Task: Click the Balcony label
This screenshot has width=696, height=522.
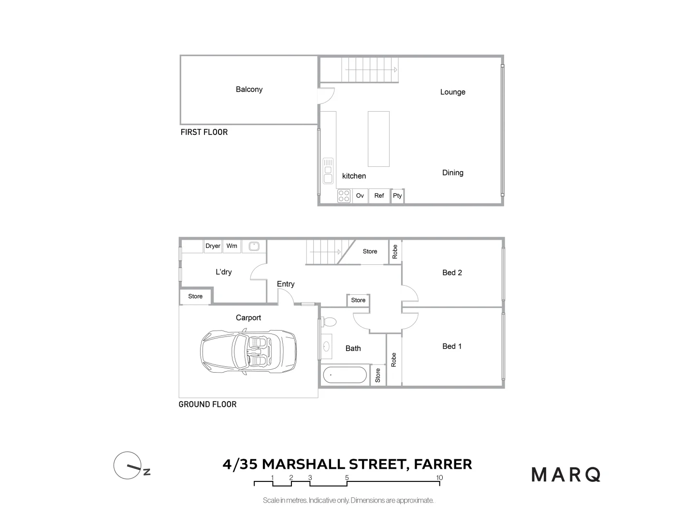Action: pos(249,89)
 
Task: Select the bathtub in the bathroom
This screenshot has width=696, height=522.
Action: pos(345,375)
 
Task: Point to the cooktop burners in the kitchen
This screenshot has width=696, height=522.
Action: pos(344,196)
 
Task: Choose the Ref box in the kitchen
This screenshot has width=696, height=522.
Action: pos(379,196)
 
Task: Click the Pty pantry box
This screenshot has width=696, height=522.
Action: pos(397,196)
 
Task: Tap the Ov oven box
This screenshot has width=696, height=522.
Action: pos(360,196)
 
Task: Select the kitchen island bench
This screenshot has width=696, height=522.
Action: pos(378,139)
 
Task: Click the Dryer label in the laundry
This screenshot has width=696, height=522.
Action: pos(213,246)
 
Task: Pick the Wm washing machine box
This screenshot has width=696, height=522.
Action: pos(232,246)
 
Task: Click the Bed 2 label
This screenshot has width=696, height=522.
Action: pos(452,273)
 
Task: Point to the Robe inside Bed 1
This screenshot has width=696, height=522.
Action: pos(394,360)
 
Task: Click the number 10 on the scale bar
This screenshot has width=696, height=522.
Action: pos(439,478)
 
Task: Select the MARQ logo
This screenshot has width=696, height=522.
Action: pos(566,475)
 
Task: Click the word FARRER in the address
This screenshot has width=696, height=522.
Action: pos(444,464)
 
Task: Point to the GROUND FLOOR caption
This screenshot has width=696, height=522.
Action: pos(207,405)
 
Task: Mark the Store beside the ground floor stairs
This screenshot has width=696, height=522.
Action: pos(370,251)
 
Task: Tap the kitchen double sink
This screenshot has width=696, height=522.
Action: pos(328,171)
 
